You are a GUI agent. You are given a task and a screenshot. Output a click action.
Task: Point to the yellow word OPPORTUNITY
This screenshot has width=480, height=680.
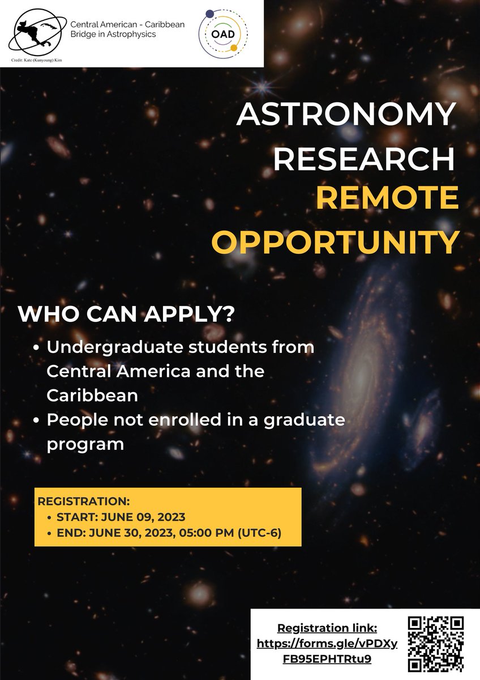(x=335, y=241)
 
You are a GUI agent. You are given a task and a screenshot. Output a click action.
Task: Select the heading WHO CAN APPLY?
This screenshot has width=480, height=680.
(x=126, y=314)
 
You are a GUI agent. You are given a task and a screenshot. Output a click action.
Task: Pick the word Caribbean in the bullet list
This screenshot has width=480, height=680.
(x=92, y=395)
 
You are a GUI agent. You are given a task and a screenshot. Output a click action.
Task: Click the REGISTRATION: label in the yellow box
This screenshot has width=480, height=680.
(x=83, y=502)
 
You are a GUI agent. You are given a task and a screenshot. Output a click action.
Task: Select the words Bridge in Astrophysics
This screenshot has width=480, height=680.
(x=113, y=35)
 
